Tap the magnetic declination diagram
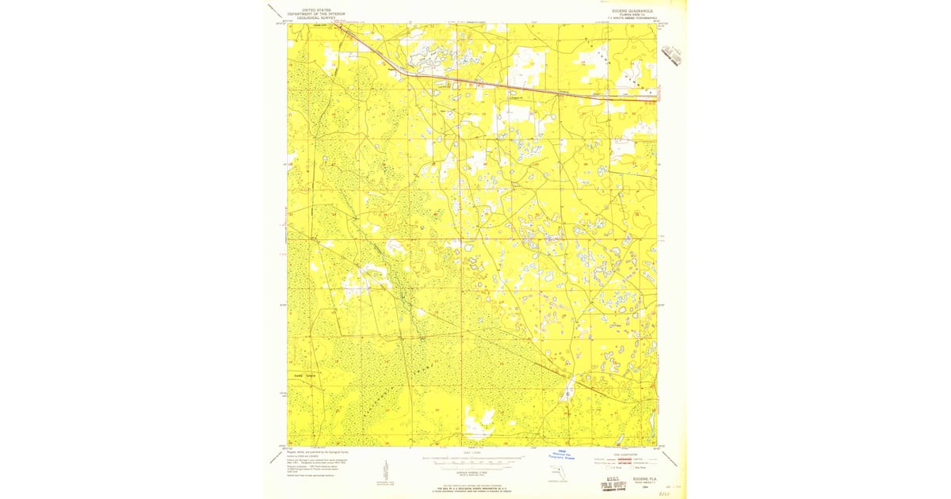pos(377,472)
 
